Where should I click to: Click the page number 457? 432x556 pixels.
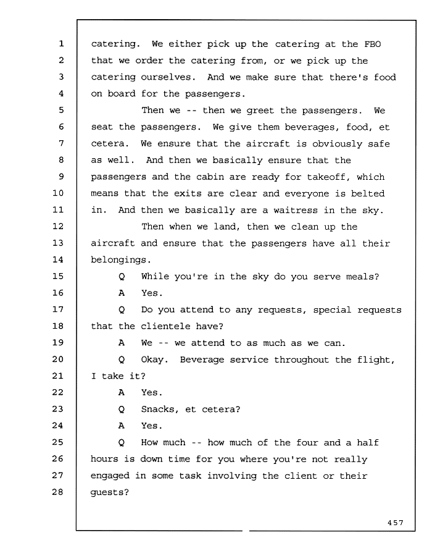pyautogui.click(x=396, y=523)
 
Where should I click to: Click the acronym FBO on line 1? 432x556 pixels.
pyautogui.click(x=373, y=44)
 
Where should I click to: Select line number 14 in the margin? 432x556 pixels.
pyautogui.click(x=58, y=259)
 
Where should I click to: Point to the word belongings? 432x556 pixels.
pyautogui.click(x=121, y=260)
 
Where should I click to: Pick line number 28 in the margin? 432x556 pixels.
pyautogui.click(x=58, y=492)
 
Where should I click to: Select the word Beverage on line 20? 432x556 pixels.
pyautogui.click(x=202, y=360)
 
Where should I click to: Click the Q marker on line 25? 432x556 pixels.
pyautogui.click(x=122, y=443)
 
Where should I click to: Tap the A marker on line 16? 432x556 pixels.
pyautogui.click(x=122, y=293)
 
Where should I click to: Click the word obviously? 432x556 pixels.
pyautogui.click(x=337, y=144)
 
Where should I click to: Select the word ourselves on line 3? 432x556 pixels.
pyautogui.click(x=168, y=77)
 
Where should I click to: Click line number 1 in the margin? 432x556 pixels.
pyautogui.click(x=61, y=44)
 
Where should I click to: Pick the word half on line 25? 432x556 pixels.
pyautogui.click(x=368, y=442)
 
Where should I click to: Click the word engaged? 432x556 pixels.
pyautogui.click(x=110, y=476)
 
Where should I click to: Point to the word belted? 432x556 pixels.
pyautogui.click(x=368, y=193)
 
